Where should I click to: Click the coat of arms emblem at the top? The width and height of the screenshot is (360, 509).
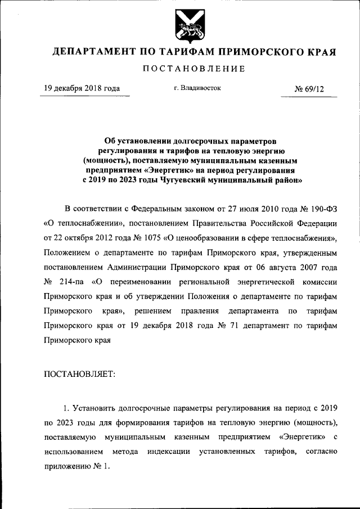pos(186,26)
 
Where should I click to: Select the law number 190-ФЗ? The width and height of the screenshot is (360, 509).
pos(321,208)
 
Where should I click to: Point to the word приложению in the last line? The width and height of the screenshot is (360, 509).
pos(67,466)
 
